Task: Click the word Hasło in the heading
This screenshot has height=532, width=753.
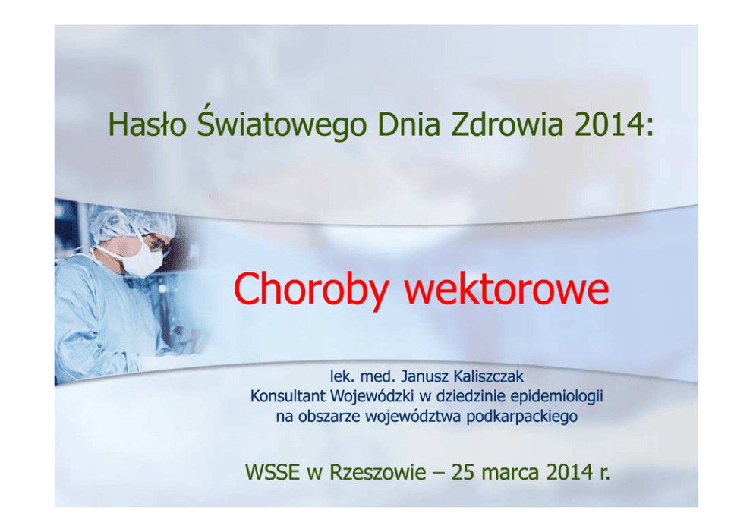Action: pos(147,124)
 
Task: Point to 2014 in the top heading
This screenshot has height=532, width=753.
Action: pos(609,124)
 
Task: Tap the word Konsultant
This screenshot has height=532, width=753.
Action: pos(288,396)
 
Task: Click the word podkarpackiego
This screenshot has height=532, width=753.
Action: pos(521,417)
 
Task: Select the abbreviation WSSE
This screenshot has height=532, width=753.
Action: pos(273,473)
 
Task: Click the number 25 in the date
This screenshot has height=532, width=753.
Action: pos(464,473)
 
